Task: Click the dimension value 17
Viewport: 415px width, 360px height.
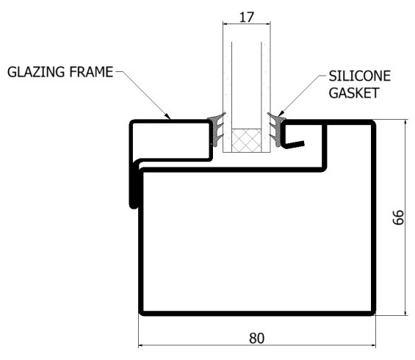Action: click(247, 17)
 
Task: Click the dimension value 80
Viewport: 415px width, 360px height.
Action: click(256, 338)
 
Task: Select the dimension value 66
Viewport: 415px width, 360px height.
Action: click(398, 217)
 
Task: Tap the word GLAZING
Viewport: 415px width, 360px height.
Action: click(36, 72)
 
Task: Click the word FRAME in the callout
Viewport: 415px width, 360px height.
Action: click(91, 72)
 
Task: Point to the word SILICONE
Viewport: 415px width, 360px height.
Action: click(360, 76)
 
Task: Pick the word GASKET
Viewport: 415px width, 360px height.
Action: click(354, 93)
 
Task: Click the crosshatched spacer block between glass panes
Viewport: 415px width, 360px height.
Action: click(247, 140)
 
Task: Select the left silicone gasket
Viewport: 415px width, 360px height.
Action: click(217, 130)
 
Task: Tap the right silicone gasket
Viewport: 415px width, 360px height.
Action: click(276, 130)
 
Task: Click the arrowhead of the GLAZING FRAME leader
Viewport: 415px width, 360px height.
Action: click(167, 116)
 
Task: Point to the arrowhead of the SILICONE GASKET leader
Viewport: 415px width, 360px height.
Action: click(281, 114)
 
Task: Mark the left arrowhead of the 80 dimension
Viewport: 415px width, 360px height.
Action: click(141, 345)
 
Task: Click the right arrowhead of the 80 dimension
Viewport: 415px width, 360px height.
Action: click(373, 345)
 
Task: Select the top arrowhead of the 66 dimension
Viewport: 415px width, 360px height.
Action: click(405, 123)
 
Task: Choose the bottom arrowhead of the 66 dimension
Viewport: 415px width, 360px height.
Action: click(405, 312)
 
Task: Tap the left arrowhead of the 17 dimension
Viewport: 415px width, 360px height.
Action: click(225, 24)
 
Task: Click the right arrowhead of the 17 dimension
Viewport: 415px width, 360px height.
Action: click(268, 24)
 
